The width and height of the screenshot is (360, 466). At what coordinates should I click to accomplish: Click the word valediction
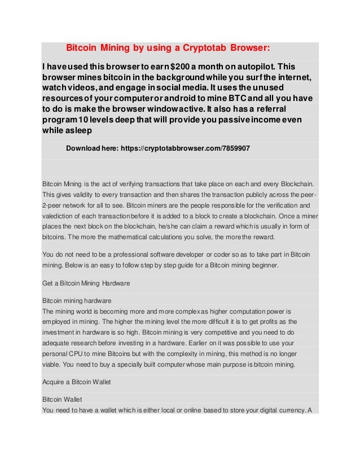click(60, 216)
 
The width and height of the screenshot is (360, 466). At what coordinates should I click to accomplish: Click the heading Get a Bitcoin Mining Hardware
click(86, 283)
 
